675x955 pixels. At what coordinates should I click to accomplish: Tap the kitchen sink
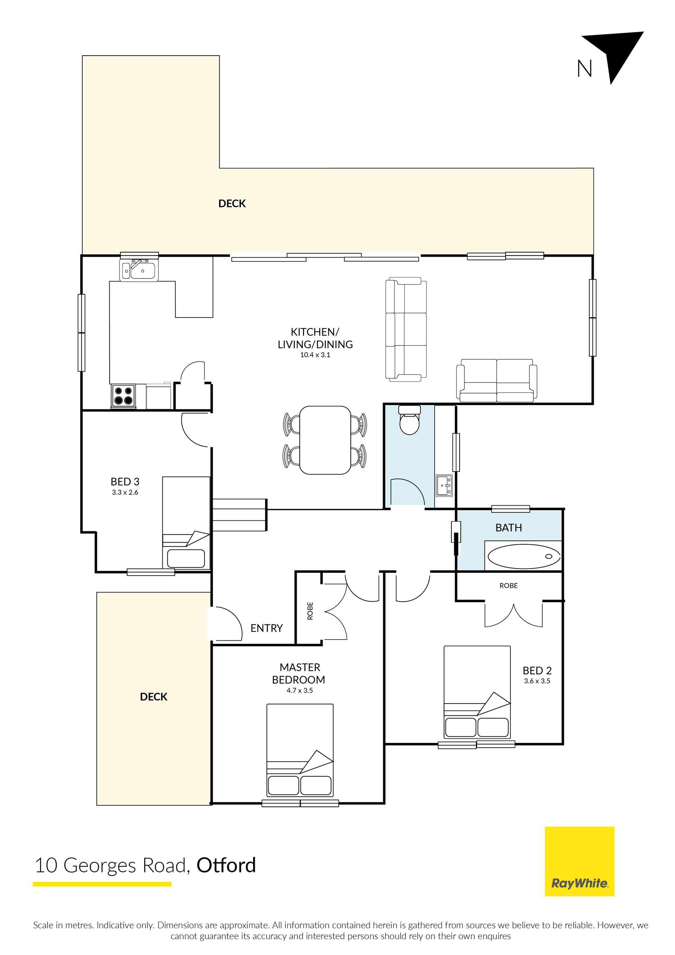[x=139, y=270]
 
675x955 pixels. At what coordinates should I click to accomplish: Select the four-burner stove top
[x=123, y=396]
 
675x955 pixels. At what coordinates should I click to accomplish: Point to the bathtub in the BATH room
[x=524, y=557]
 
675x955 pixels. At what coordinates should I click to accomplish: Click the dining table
[x=325, y=440]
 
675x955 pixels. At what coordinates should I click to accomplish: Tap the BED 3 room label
[x=125, y=482]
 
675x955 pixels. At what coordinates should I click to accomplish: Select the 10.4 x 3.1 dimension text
[x=315, y=355]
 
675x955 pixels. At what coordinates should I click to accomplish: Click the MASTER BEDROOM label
[x=299, y=673]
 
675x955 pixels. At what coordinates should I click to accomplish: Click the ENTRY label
[x=266, y=628]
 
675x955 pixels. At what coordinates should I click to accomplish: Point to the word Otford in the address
[x=226, y=866]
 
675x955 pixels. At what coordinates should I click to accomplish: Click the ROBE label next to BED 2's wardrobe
[x=509, y=586]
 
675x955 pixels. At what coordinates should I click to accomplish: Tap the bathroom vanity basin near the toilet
[x=444, y=486]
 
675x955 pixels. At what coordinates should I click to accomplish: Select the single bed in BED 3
[x=186, y=523]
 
